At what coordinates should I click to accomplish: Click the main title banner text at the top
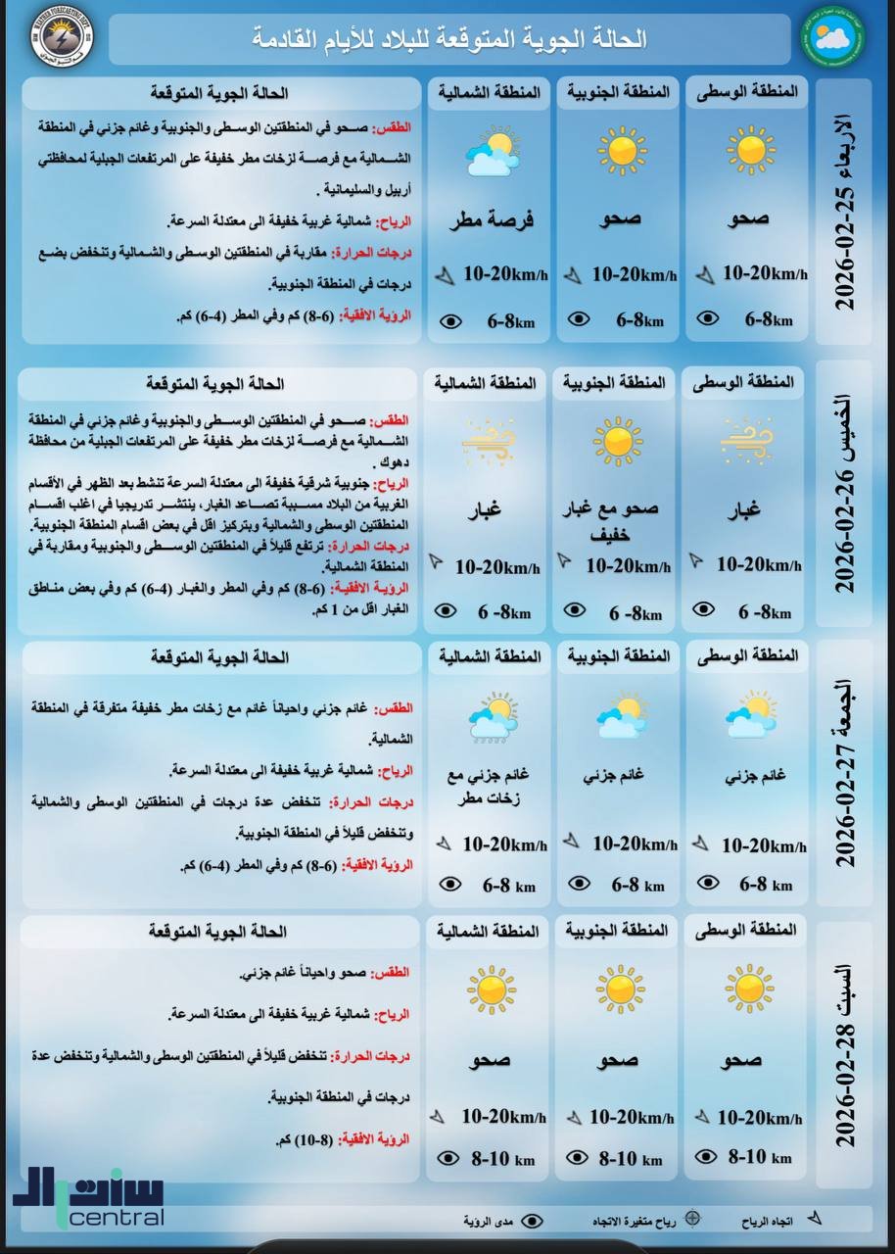449,39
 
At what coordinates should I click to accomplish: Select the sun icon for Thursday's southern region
618,441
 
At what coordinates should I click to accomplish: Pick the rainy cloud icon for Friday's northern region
493,717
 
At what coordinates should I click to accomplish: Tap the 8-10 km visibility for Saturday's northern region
502,1159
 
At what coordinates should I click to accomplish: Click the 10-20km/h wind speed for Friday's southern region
634,844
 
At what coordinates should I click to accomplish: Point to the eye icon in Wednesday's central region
706,318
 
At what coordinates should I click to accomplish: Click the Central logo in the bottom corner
89,1198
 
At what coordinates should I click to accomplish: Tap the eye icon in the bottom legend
532,1221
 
